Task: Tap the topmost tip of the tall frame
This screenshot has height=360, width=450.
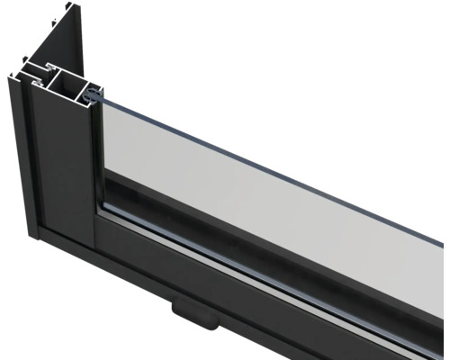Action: [x=77, y=6]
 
